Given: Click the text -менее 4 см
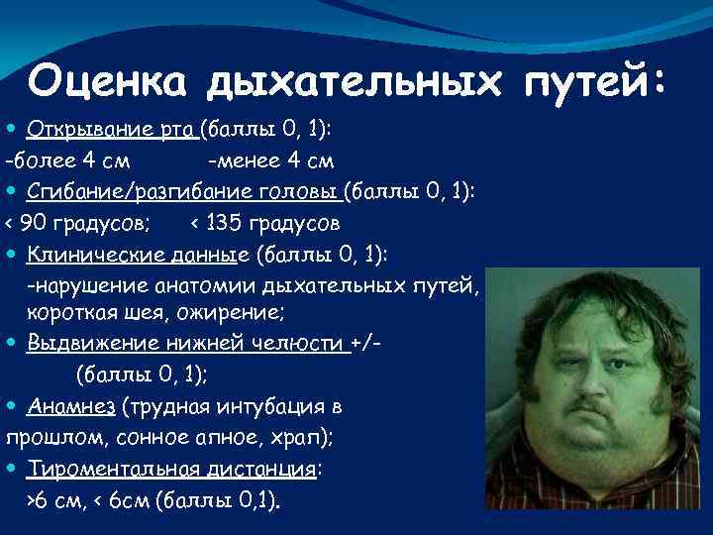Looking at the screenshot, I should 270,160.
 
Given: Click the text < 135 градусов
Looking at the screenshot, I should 264,222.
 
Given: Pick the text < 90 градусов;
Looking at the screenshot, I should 79,222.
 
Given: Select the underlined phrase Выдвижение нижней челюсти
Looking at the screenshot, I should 188,343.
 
